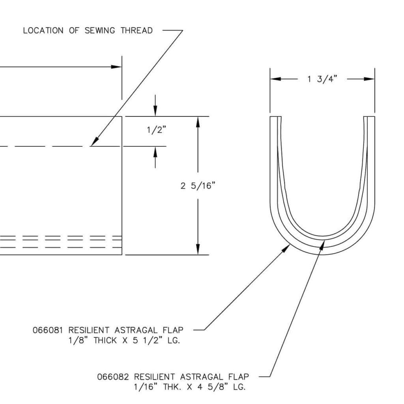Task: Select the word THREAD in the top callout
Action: [x=137, y=31]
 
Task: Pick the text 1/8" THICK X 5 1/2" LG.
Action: [x=124, y=340]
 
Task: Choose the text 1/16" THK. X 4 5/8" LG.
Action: [x=189, y=387]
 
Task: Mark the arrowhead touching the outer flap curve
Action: [x=287, y=247]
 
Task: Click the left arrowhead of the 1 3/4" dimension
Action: [x=275, y=79]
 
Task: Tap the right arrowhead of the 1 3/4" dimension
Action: [x=370, y=79]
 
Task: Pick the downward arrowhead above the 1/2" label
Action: [x=155, y=112]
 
